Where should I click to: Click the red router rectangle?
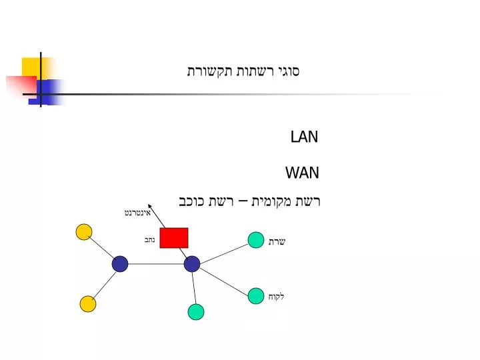pos(174,238)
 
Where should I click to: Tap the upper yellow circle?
pos(84,232)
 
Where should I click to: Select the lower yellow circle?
pos(88,304)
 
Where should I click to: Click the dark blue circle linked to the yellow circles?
pos(120,264)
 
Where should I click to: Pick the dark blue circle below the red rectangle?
pos(192,264)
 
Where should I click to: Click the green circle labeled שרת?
pos(256,240)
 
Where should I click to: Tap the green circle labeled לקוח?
pos(256,296)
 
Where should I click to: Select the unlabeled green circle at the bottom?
pos(196,312)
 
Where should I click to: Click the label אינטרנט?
pos(138,213)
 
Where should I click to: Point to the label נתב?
pos(150,240)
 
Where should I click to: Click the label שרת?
pos(277,242)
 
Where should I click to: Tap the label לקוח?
pos(277,296)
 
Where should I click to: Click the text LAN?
pos(304,137)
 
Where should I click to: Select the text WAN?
pos(303,173)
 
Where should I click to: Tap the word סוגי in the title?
pos(289,71)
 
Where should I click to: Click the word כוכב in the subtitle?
pos(191,201)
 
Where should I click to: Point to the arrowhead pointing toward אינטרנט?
pos(150,206)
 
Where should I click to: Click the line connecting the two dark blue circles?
pos(156,264)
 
